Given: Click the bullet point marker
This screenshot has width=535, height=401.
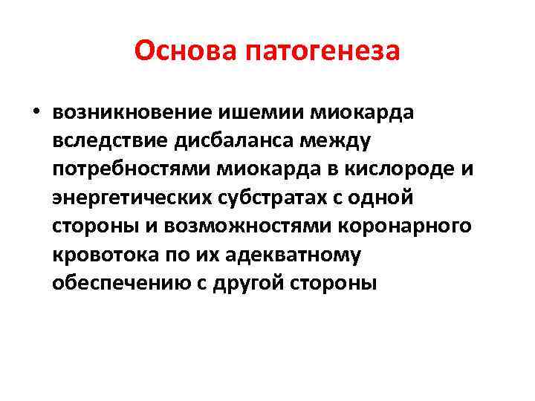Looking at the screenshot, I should click(35, 112).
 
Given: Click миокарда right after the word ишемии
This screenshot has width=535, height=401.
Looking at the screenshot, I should click(352, 112).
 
